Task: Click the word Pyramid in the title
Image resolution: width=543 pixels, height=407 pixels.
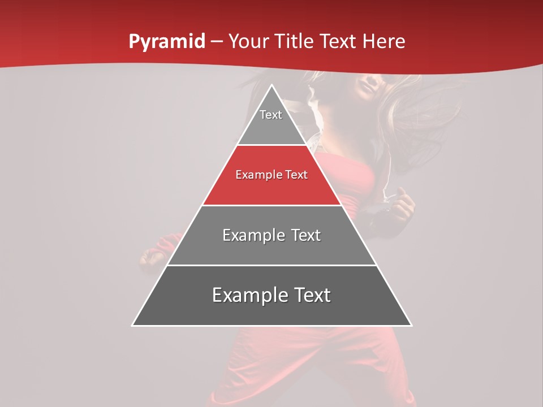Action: tap(166, 42)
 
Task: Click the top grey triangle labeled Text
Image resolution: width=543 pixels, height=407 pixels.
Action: tap(271, 122)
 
